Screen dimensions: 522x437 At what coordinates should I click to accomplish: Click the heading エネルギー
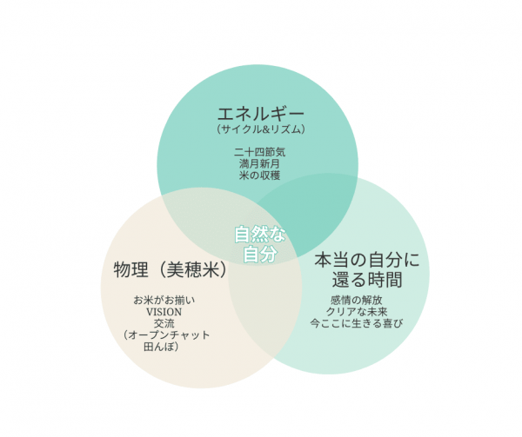click(x=261, y=114)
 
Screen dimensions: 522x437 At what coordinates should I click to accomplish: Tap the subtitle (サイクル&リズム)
click(x=261, y=129)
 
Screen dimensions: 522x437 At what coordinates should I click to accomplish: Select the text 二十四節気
click(x=259, y=152)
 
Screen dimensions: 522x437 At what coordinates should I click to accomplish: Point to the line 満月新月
click(x=259, y=164)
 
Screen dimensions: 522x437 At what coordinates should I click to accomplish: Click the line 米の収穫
click(x=259, y=175)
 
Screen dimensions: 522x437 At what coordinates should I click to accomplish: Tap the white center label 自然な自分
click(x=260, y=244)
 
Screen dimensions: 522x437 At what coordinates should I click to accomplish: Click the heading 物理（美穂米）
click(x=171, y=269)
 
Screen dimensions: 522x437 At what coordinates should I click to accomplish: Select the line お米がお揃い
click(x=164, y=301)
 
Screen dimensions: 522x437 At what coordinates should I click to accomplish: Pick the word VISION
click(x=164, y=312)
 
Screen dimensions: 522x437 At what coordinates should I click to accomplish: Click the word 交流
click(x=164, y=323)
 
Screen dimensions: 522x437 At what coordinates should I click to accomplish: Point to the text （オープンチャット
click(x=166, y=334)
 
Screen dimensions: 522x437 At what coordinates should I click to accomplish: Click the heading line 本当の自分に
click(x=367, y=260)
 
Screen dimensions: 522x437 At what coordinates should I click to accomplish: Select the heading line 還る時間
click(x=367, y=280)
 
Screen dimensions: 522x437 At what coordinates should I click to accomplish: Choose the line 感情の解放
click(x=356, y=300)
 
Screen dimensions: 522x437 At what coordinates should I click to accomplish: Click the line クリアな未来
click(x=357, y=312)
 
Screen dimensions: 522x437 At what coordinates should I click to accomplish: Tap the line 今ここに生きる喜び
click(x=357, y=323)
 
